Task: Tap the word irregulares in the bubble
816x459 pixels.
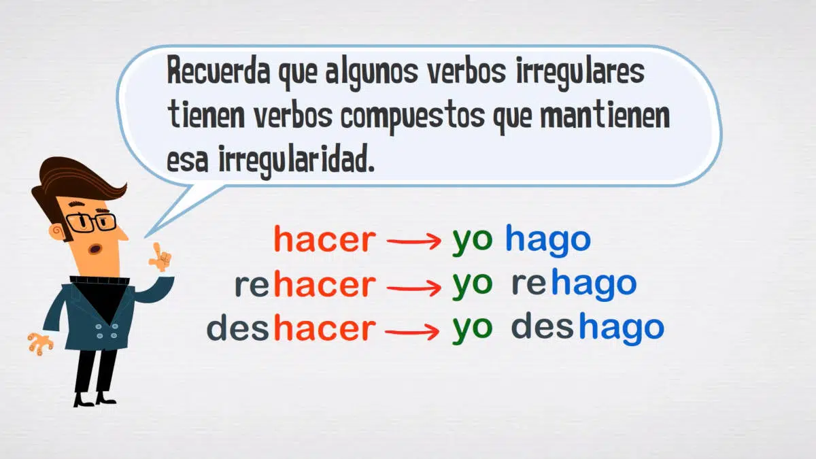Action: coord(580,73)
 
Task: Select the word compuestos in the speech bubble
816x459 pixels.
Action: coord(413,117)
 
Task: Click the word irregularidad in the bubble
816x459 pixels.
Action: coord(296,161)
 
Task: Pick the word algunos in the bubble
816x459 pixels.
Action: coord(371,73)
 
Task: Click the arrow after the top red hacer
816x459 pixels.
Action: coord(414,241)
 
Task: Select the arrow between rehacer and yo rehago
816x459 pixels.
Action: coord(414,288)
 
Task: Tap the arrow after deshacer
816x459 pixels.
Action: coord(412,332)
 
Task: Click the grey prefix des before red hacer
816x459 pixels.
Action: coord(237,328)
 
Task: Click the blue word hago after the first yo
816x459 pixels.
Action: coord(548,241)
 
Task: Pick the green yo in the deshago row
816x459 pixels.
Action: coord(473,330)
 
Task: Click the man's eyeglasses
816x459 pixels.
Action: coord(91,222)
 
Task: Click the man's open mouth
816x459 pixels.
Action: coord(95,249)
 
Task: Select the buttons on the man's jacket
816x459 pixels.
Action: coord(106,330)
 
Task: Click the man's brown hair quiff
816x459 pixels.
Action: coord(78,178)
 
